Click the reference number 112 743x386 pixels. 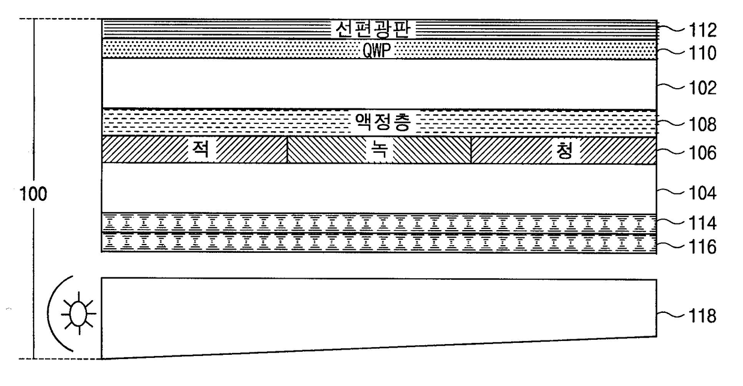tap(702, 30)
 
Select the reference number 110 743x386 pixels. tap(702, 53)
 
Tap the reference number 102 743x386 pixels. tap(702, 88)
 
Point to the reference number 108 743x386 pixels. tap(702, 125)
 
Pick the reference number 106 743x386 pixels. tap(702, 153)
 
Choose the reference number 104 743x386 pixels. tap(702, 193)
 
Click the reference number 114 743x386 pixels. tap(702, 223)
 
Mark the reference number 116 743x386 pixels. tap(702, 247)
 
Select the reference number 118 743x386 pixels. tap(702, 316)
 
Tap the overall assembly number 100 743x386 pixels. tap(34, 194)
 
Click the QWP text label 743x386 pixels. tap(376, 51)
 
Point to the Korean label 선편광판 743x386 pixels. tap(373, 29)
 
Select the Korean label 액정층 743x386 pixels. tap(383, 122)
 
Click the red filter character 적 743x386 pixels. tap(201, 149)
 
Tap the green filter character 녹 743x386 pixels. tap(379, 149)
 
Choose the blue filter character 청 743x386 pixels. tap(564, 150)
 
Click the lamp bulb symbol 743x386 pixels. tap(79, 313)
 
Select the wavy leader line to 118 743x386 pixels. tap(670, 313)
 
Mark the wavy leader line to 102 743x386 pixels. tap(670, 86)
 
